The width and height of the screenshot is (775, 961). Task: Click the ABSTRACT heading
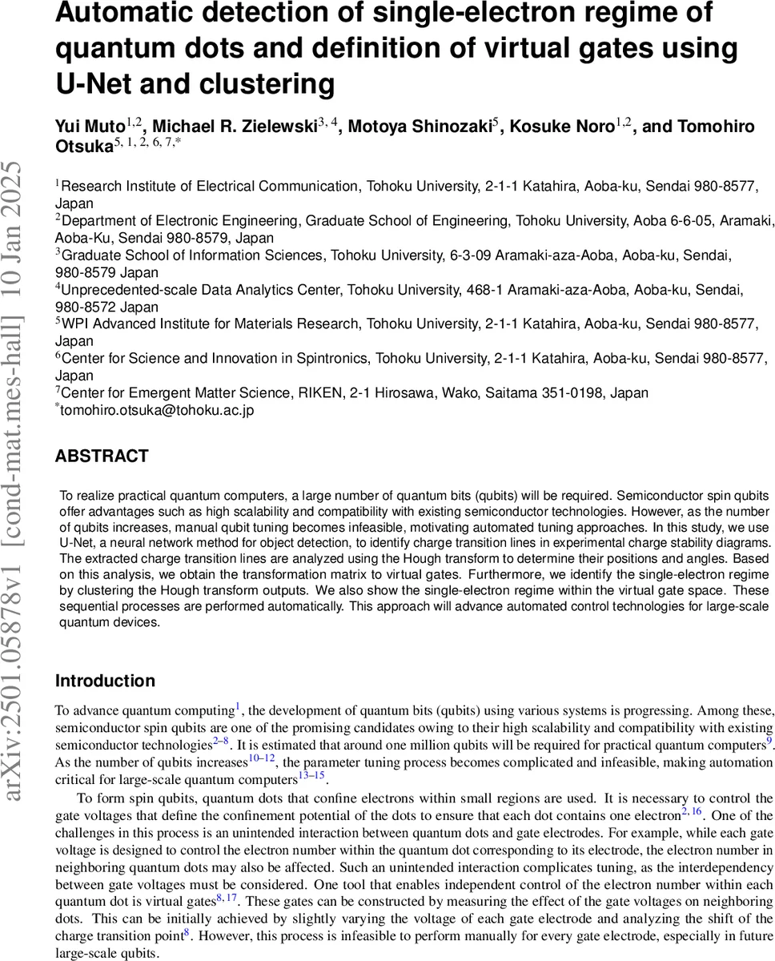(x=102, y=456)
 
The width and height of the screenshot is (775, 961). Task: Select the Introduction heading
(x=105, y=681)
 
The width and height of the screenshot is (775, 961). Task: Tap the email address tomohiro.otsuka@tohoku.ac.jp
(x=158, y=410)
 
